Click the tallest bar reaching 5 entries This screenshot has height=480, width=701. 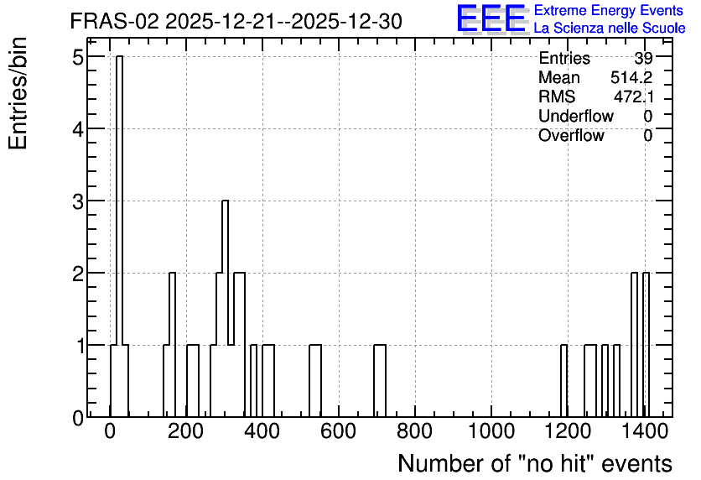click(119, 236)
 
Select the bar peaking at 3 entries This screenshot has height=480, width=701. click(225, 309)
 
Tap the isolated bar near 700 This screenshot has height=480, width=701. click(380, 381)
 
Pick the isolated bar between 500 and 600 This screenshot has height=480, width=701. click(315, 381)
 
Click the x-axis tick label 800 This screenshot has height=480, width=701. click(415, 431)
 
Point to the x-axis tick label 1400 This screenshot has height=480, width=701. click(644, 431)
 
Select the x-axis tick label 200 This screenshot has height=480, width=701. click(186, 431)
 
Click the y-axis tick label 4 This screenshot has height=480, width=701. click(78, 129)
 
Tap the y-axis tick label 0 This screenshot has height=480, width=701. click(78, 418)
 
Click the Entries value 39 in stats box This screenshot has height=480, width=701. click(643, 58)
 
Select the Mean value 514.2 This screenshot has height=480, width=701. click(631, 77)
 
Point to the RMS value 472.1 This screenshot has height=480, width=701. click(633, 97)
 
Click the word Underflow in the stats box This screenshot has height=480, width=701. click(576, 116)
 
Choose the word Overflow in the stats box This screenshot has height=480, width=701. click(571, 135)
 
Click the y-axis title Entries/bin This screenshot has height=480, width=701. click(18, 93)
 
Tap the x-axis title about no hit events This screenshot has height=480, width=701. click(535, 463)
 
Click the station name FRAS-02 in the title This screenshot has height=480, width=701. click(114, 22)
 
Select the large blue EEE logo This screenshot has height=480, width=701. click(491, 18)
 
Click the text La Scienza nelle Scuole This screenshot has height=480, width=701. click(610, 29)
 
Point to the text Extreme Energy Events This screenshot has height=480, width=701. click(609, 10)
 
